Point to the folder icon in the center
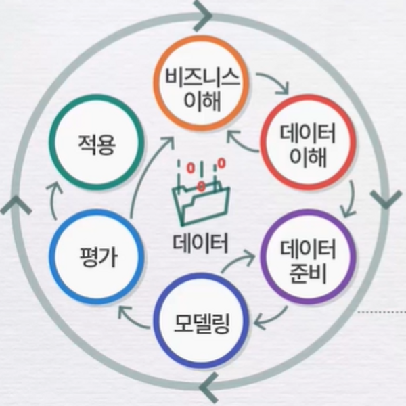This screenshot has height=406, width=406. pyautogui.click(x=201, y=201)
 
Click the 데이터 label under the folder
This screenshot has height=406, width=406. pyautogui.click(x=201, y=242)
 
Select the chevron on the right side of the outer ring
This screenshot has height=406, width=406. pyautogui.click(x=385, y=200)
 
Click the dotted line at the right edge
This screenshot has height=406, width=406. pyautogui.click(x=382, y=312)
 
